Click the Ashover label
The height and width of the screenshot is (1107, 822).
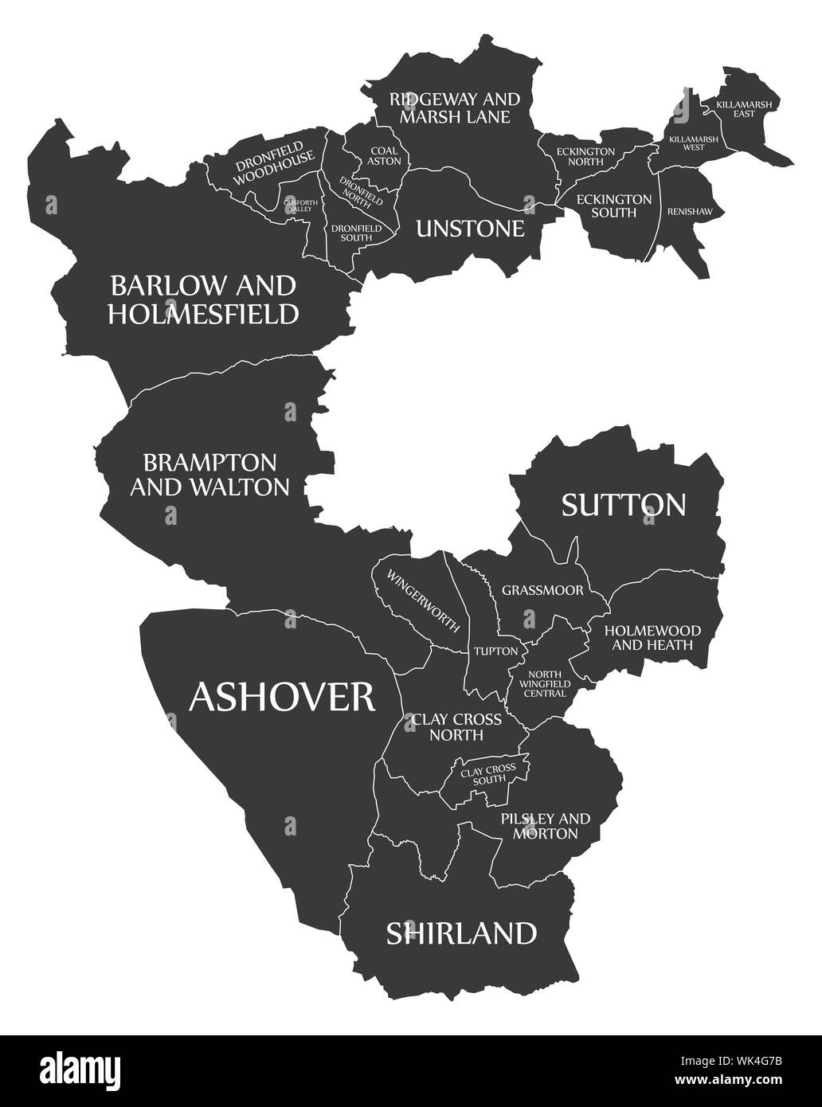[282, 697]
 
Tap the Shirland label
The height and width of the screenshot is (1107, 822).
[461, 933]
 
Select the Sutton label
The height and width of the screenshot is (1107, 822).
[624, 504]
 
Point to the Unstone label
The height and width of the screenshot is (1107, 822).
[470, 229]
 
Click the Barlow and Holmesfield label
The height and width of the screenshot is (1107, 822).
[203, 299]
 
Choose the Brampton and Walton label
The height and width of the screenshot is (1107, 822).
[209, 475]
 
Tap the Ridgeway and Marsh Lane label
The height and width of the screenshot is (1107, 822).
[454, 108]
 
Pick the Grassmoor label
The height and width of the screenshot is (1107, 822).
[542, 591]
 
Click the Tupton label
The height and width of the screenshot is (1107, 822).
[495, 651]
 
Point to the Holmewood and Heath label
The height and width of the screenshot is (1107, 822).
[652, 638]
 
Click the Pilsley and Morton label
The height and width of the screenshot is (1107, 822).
[546, 826]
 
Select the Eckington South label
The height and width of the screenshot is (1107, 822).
[614, 206]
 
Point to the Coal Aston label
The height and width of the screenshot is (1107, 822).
[384, 155]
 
